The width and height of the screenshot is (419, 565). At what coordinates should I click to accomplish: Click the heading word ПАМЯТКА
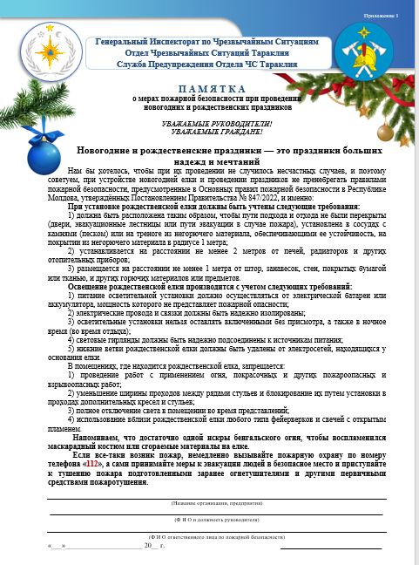point(210,89)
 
